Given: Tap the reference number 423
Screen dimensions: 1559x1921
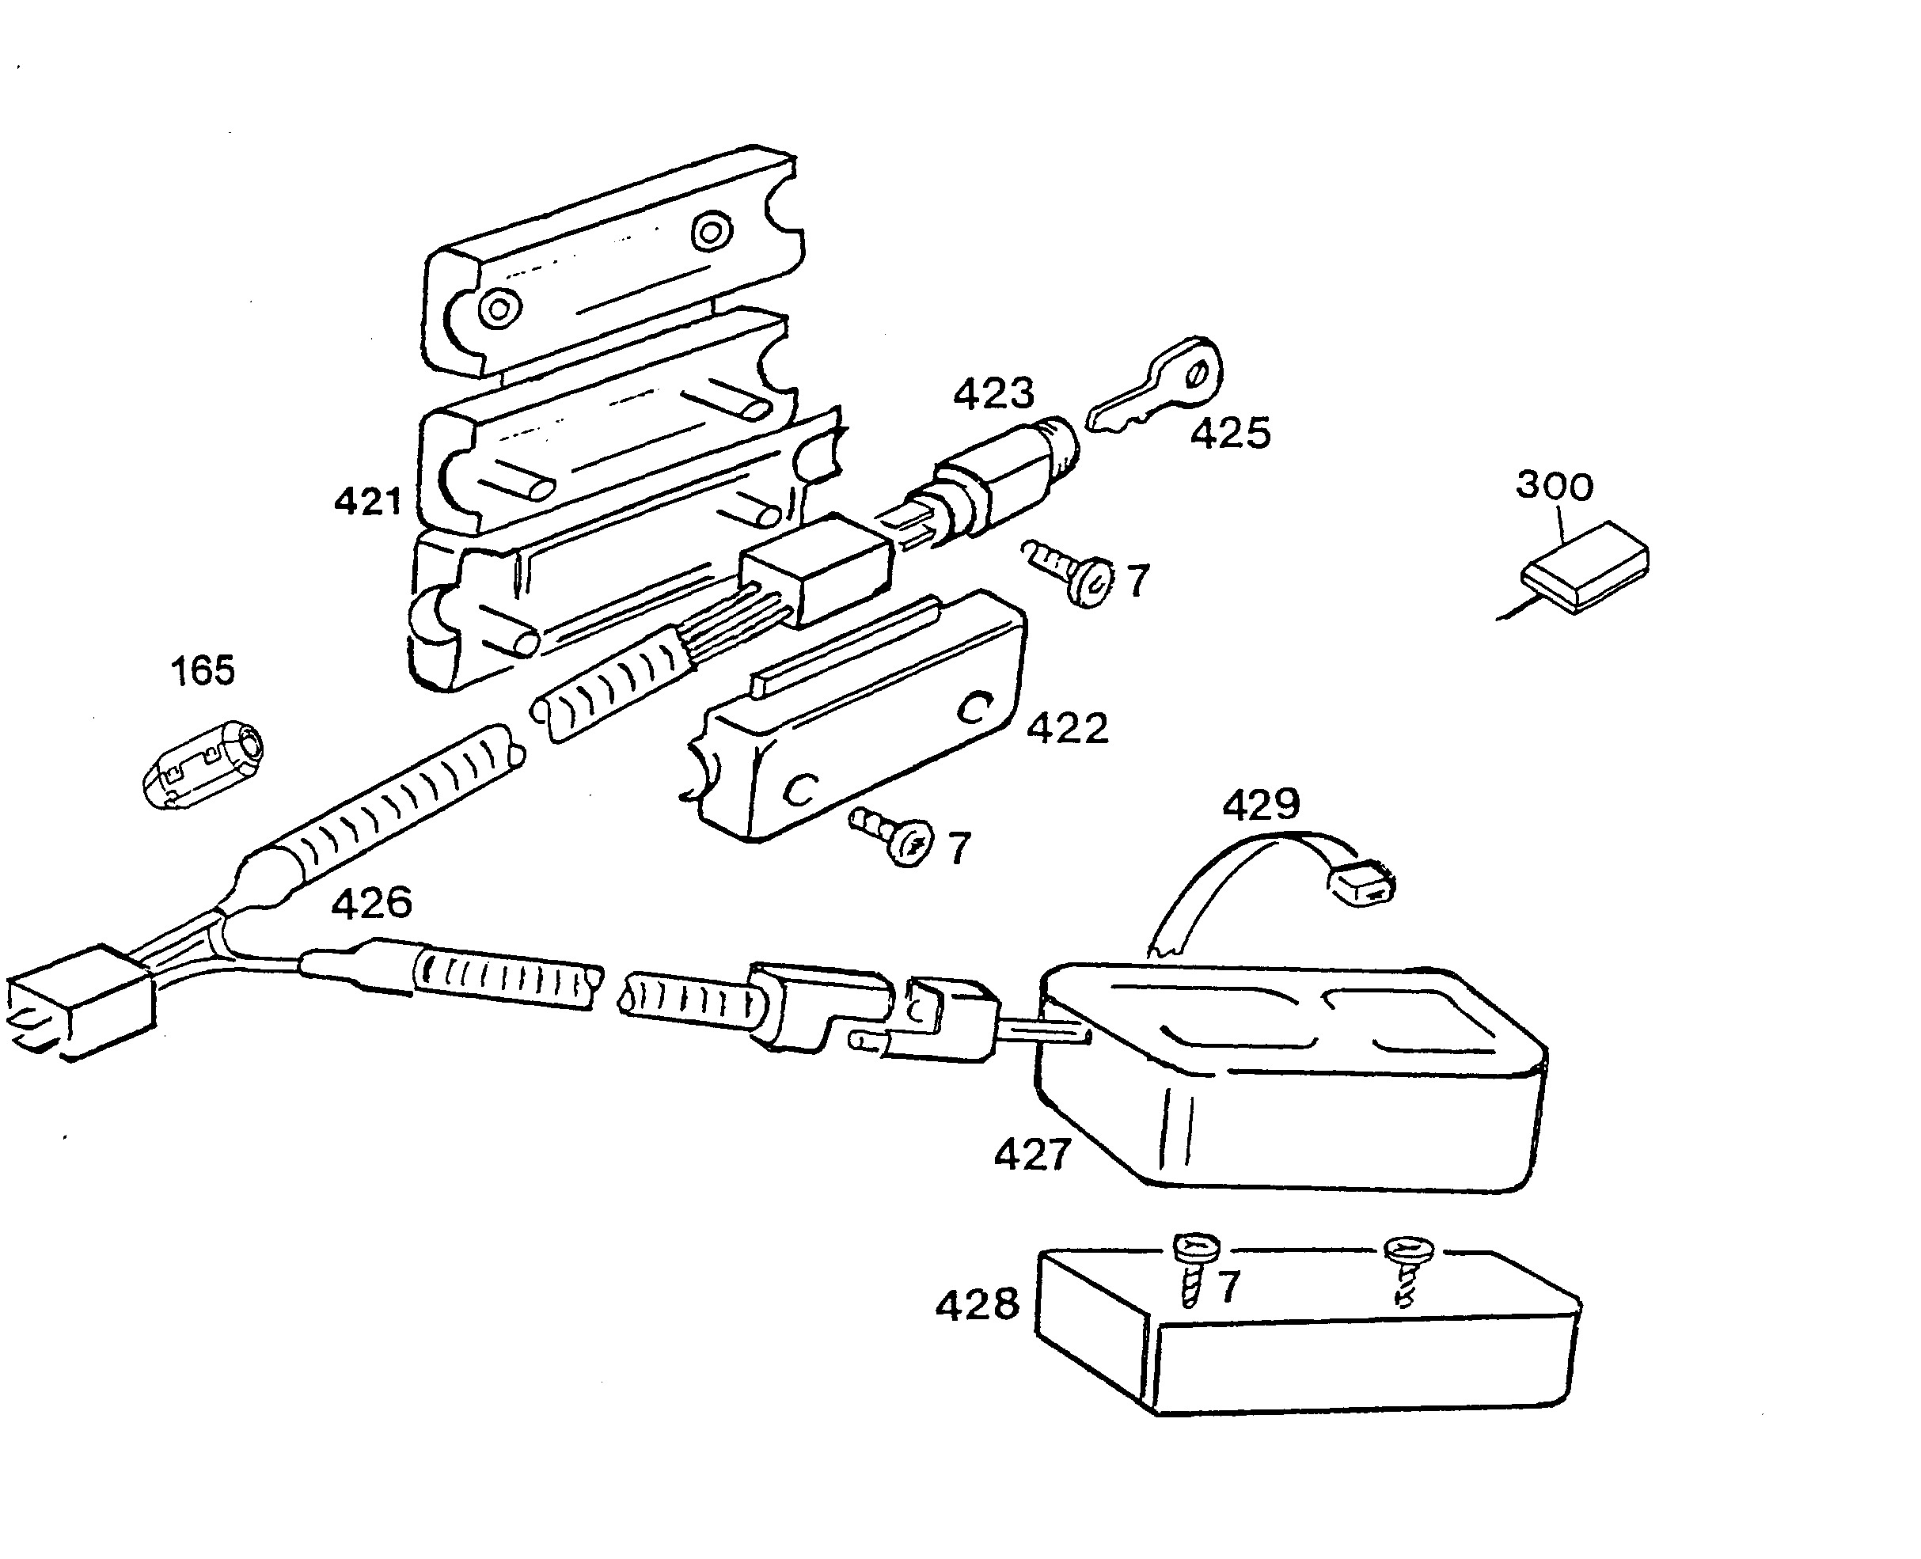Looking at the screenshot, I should (x=993, y=393).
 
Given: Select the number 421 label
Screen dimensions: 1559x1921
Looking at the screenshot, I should (x=367, y=501).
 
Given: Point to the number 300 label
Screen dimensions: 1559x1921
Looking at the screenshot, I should (x=1554, y=486).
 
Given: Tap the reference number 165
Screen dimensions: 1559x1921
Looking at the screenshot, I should (x=202, y=671).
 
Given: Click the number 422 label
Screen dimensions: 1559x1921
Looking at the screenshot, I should (x=1067, y=728).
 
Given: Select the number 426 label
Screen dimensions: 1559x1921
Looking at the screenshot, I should (x=371, y=902).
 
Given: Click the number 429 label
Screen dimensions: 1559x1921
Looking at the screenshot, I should (x=1260, y=804).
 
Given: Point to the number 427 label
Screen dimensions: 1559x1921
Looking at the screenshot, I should (x=1032, y=1155).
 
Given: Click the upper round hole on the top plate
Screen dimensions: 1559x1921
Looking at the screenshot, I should (x=711, y=233).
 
